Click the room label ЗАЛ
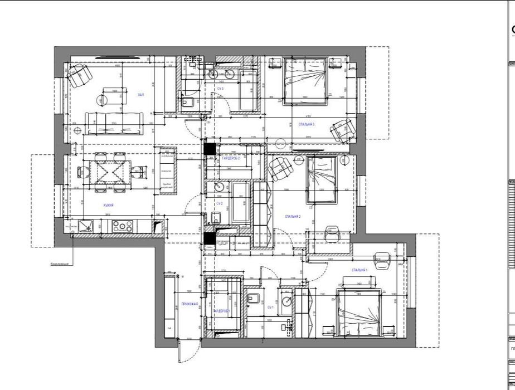pos(141,95)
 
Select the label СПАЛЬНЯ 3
pos(307,124)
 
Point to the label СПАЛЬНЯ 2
pos(293,217)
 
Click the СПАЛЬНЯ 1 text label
pos(359,270)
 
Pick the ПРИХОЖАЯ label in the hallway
pos(190,304)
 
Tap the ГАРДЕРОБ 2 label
pos(231,159)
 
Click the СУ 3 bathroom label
pos(220,89)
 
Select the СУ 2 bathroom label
pos(220,204)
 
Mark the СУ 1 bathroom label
pos(270,308)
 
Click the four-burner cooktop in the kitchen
pos(122,227)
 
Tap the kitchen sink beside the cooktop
pos(87,226)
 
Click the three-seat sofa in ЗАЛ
pos(114,123)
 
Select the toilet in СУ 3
pos(188,101)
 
